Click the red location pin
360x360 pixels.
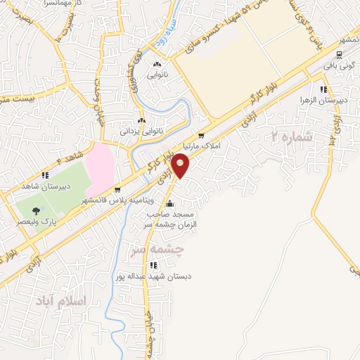coord(181,166)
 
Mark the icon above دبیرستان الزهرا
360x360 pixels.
coord(323,89)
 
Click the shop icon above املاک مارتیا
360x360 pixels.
coord(202,136)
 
